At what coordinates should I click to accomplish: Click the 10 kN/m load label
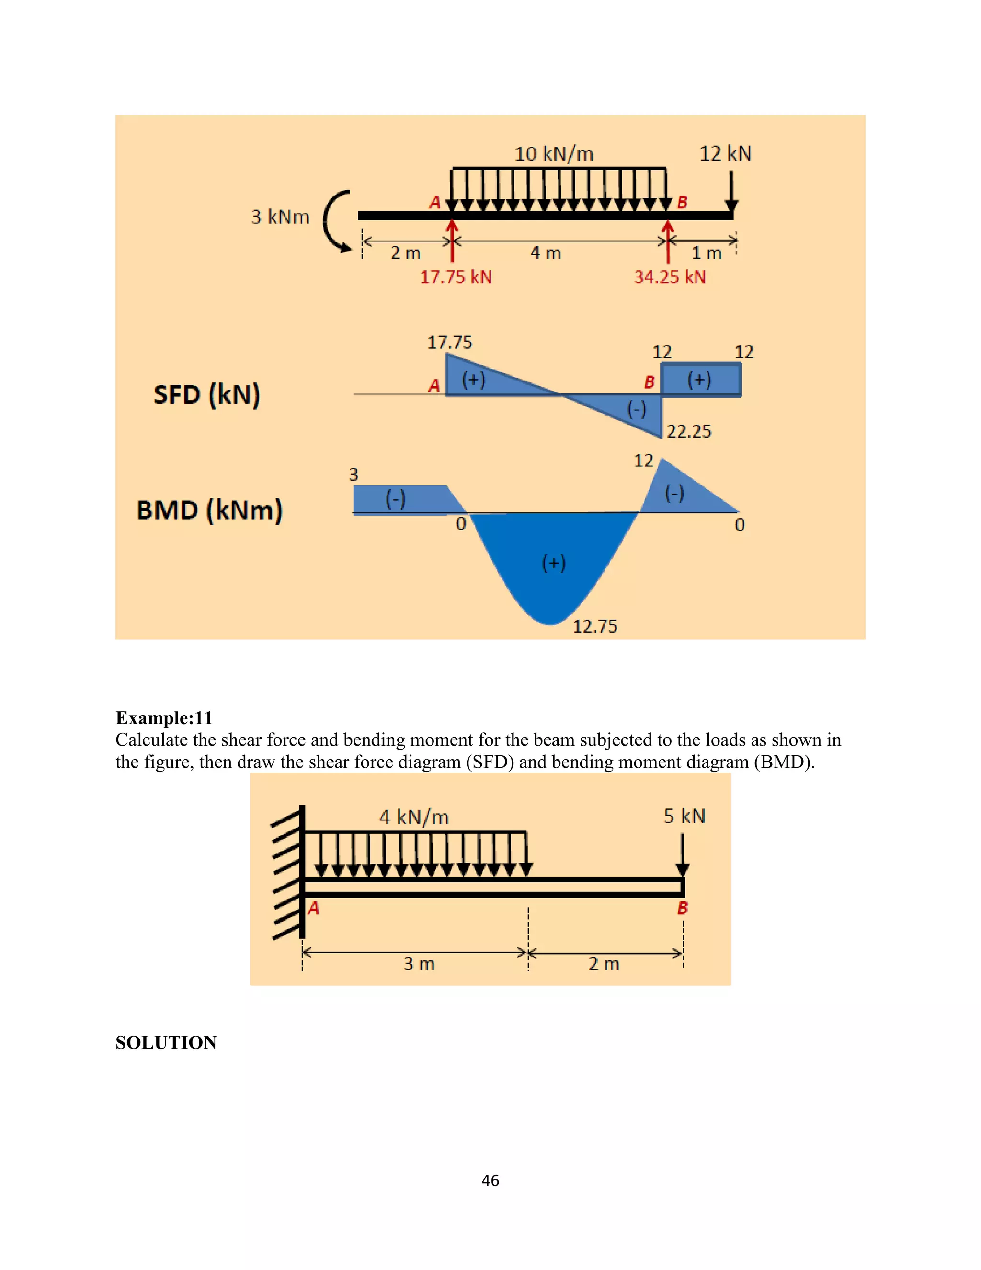pos(553,154)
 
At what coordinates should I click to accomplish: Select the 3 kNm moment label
pos(280,217)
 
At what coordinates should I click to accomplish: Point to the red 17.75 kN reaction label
pos(456,277)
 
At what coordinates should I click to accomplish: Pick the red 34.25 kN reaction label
pos(670,277)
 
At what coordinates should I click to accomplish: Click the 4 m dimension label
pos(545,253)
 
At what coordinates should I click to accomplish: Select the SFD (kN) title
pos(207,394)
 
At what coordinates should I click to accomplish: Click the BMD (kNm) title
pos(209,510)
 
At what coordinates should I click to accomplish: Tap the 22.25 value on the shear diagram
pos(689,431)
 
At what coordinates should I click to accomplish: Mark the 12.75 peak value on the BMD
pos(594,626)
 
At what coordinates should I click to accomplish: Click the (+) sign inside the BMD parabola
pos(553,563)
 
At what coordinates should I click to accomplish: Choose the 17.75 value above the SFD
pos(449,343)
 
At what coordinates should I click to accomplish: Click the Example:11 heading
pos(164,717)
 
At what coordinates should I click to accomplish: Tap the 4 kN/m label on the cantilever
pos(414,818)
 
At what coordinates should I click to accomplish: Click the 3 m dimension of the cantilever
pos(419,964)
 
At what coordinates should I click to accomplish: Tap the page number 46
pos(490,1180)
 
